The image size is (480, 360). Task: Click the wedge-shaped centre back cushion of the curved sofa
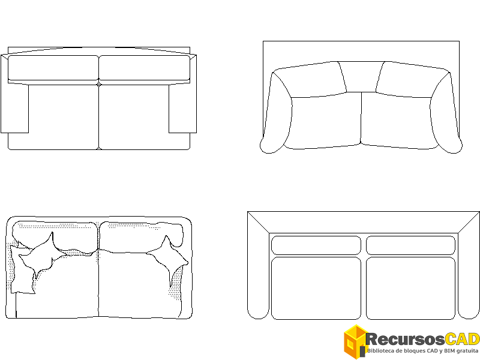361,77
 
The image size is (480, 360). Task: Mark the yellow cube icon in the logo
355,341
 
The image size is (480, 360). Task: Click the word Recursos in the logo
405,340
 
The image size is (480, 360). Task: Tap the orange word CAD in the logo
462,340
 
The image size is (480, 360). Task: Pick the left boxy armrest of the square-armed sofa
14,94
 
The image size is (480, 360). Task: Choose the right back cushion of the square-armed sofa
145,68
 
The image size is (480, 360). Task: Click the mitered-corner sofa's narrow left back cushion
316,245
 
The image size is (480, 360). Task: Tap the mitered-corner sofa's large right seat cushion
410,289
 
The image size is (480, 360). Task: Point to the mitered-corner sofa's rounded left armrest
259,275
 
